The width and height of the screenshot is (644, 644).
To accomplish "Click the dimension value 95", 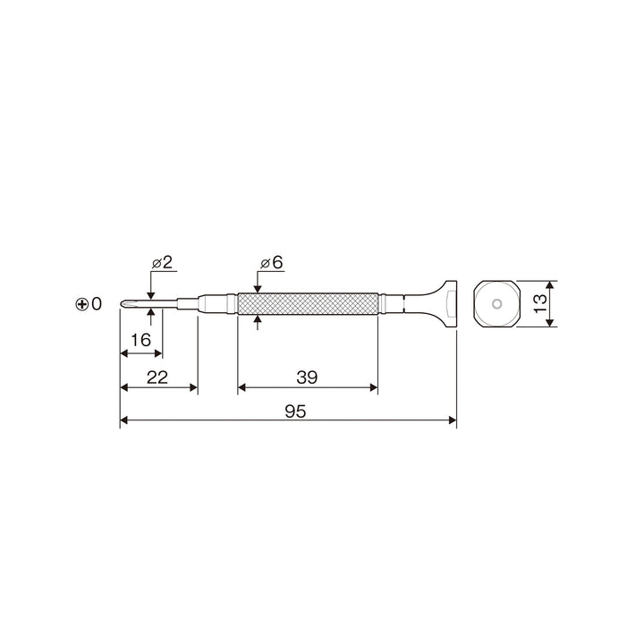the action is coord(295,411).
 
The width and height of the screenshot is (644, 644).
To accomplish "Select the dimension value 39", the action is coord(307,377).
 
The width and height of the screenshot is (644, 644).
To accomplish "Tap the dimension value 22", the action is coord(157,377).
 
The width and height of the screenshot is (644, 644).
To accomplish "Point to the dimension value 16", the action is coord(141,340).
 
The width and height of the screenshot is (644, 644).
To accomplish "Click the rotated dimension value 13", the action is coord(540,303).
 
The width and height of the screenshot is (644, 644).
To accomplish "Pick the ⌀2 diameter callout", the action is coord(162,262).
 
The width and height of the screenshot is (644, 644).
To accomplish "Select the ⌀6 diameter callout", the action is coord(272,262).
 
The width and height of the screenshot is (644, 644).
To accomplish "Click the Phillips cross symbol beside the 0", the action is coord(82,304).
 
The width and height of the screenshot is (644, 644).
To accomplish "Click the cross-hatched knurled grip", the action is coord(308,304).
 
